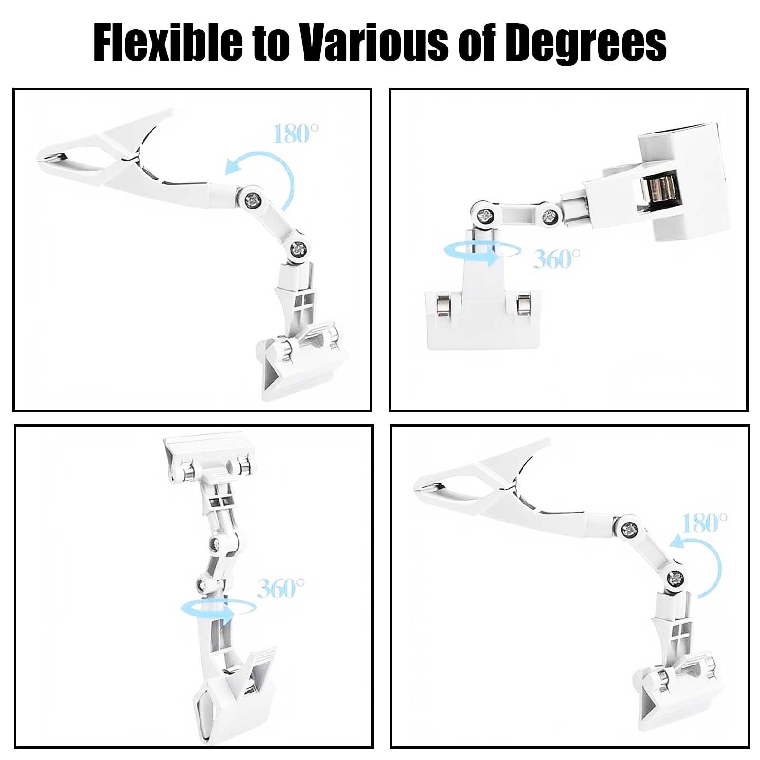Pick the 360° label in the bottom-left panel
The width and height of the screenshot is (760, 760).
(280, 588)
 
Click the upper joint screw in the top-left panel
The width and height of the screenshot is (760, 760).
(253, 200)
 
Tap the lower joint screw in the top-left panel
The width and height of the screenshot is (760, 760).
(299, 248)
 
